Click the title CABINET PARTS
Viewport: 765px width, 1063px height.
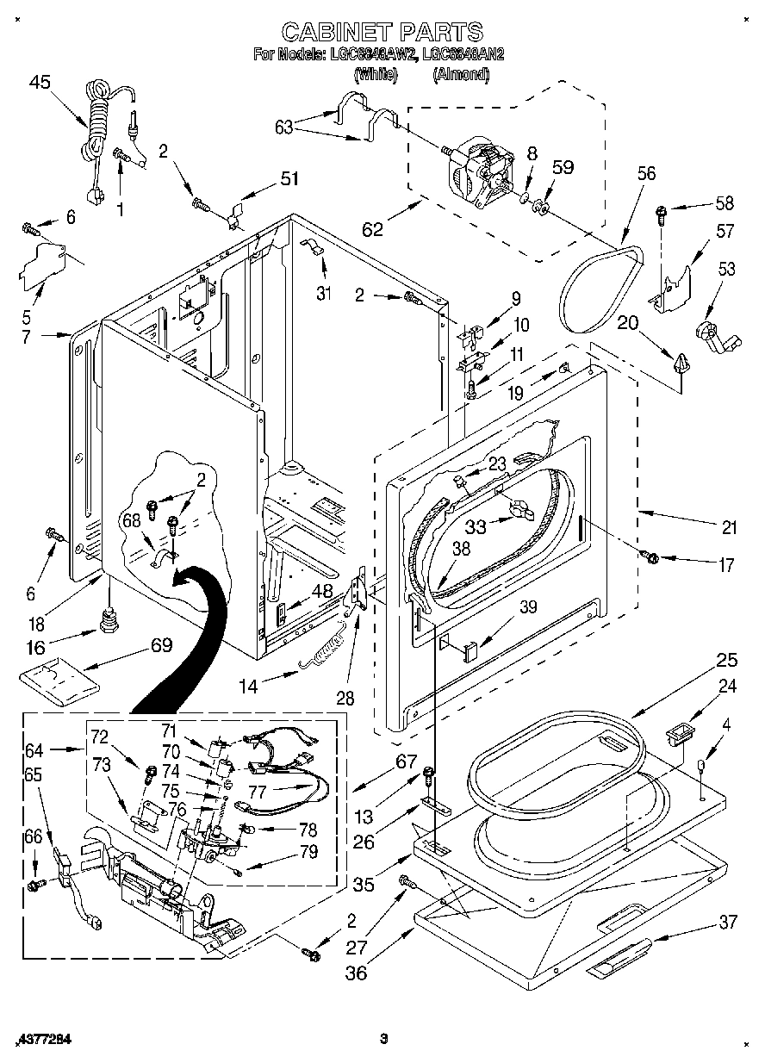382,33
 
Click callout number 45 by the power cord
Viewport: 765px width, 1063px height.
40,82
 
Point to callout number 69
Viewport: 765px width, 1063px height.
161,644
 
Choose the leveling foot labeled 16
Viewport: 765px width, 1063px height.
109,619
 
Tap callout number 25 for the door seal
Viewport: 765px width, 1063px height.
727,661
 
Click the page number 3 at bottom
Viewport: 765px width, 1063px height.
382,1039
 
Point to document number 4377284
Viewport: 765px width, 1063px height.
43,1039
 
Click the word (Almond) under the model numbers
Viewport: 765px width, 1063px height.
460,75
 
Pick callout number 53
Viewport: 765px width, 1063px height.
727,270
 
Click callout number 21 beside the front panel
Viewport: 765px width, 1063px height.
729,527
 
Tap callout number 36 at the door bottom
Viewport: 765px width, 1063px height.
356,973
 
